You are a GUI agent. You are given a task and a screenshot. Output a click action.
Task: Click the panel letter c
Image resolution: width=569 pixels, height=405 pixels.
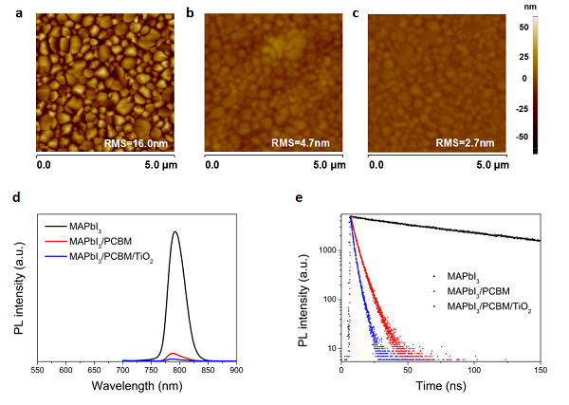pyautogui.click(x=356, y=15)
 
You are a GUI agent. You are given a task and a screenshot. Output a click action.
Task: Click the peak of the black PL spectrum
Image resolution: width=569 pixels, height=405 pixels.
pyautogui.click(x=175, y=231)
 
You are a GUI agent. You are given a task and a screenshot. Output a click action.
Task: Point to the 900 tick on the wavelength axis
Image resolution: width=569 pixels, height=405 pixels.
pyautogui.click(x=237, y=371)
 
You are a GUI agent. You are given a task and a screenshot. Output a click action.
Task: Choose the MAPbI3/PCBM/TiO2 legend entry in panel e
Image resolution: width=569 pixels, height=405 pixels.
pyautogui.click(x=484, y=304)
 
